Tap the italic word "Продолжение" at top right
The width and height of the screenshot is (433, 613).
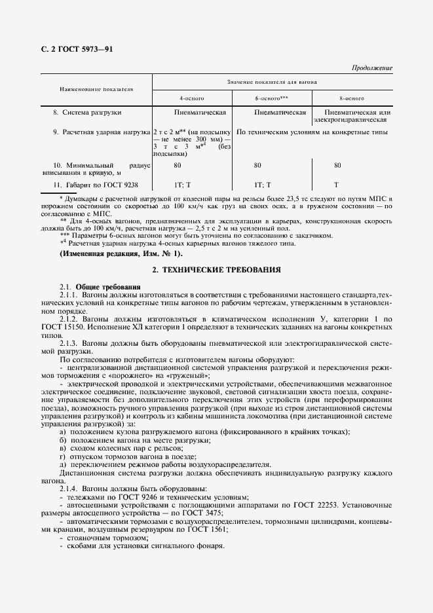pyautogui.click(x=372, y=67)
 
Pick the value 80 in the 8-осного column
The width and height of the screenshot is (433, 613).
pyautogui.click(x=337, y=166)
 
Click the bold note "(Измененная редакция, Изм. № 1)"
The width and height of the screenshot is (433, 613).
pyautogui.click(x=121, y=253)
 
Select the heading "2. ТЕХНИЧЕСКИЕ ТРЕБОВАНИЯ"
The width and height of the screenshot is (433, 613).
pyautogui.click(x=216, y=269)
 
